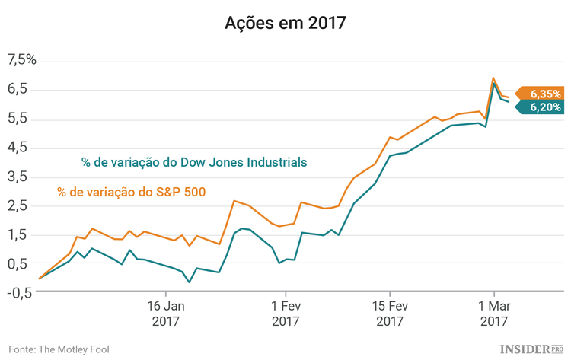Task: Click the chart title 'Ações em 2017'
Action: point(285,23)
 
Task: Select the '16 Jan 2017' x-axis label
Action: point(165,314)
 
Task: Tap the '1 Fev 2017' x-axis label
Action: point(285,314)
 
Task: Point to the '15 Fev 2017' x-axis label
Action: point(389,314)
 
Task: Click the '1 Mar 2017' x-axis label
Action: point(493,314)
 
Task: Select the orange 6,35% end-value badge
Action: point(543,94)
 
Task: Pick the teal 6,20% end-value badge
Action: point(543,108)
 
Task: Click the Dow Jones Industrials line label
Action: point(194,162)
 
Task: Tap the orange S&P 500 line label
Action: point(131,191)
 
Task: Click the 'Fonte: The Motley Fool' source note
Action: point(59,349)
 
